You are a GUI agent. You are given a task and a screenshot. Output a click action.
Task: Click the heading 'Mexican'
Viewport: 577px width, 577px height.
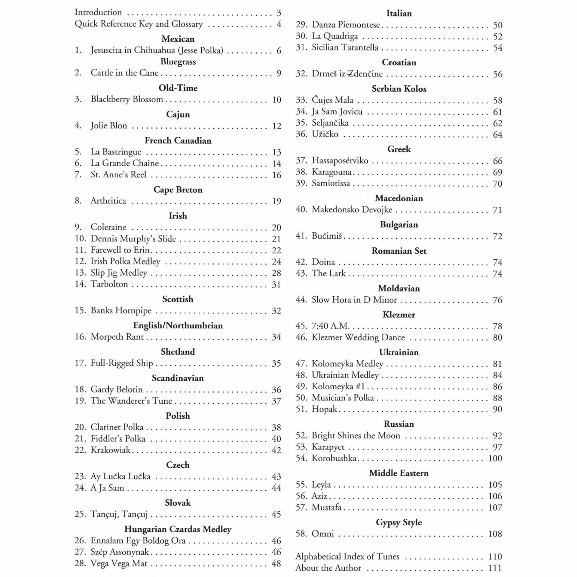point(178,39)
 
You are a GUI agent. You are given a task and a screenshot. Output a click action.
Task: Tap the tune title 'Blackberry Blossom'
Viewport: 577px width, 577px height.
point(127,99)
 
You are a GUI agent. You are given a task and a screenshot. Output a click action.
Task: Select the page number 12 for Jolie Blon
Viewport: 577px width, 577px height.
point(276,126)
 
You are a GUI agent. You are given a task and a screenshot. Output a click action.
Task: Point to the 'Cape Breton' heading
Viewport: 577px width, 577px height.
point(178,190)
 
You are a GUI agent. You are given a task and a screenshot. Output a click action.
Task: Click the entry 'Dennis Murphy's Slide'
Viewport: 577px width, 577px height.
point(133,239)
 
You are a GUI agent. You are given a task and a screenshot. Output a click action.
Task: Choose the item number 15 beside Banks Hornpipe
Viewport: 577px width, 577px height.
point(80,310)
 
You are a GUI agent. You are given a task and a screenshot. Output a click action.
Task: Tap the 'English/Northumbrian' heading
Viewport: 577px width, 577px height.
point(178,325)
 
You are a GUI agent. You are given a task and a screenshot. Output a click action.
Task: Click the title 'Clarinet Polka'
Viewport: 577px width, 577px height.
point(117,427)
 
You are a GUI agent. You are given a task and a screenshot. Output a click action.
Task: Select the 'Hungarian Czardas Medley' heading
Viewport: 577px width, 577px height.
point(178,529)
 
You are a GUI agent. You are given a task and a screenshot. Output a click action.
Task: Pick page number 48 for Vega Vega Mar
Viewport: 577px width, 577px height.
point(276,563)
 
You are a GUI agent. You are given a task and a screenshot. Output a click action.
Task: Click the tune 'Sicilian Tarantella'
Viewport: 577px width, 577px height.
point(345,47)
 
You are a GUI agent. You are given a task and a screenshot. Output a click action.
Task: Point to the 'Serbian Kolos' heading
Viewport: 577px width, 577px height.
point(399,89)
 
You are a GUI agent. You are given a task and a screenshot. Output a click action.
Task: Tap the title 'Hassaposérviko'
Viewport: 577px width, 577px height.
point(340,160)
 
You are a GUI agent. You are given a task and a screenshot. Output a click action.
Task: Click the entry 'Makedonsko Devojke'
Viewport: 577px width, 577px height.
point(352,209)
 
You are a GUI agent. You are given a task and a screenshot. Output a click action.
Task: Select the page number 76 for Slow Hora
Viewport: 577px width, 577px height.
point(497,300)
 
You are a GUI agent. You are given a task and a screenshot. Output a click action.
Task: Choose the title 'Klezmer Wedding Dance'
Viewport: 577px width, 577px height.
point(358,337)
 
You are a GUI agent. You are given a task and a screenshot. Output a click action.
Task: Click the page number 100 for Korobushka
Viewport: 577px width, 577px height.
point(495,458)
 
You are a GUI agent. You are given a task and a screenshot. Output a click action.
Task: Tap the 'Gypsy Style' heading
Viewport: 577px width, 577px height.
point(399,522)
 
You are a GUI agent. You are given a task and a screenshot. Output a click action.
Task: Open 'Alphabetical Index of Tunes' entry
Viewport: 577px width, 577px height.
point(347,557)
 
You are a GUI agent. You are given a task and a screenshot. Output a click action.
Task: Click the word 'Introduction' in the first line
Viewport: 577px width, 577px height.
point(98,12)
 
